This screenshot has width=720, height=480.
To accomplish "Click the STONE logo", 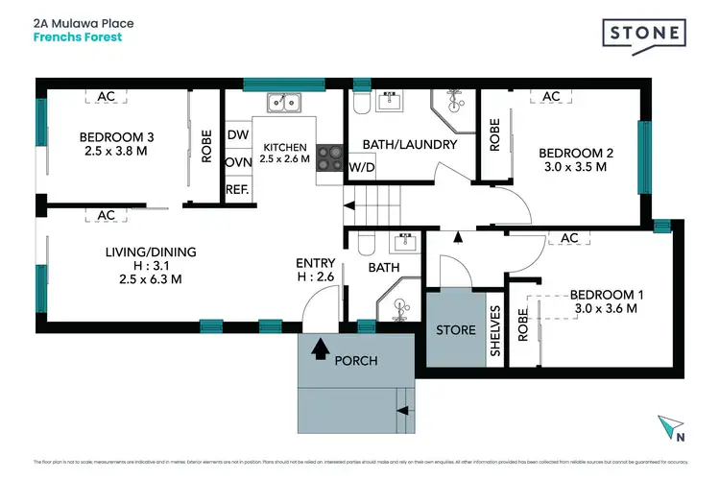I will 644,35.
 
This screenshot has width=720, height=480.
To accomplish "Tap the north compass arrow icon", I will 672,426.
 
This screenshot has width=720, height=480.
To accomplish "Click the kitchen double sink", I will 284,102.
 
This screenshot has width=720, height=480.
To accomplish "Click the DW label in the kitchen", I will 237,136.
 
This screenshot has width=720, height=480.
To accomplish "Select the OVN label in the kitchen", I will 237,162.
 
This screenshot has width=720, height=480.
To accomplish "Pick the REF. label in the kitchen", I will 237,189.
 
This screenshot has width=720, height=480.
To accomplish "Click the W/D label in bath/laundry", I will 362,168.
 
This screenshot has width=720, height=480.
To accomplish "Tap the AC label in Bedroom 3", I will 106,97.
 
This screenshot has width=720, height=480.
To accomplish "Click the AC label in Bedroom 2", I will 551,97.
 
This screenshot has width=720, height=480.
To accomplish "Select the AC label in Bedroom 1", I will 569,238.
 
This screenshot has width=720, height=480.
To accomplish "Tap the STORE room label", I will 456,330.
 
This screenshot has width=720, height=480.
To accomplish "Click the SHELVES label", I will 495,330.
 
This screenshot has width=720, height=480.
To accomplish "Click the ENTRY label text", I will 316,263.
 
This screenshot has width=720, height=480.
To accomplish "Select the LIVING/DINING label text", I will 150,252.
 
